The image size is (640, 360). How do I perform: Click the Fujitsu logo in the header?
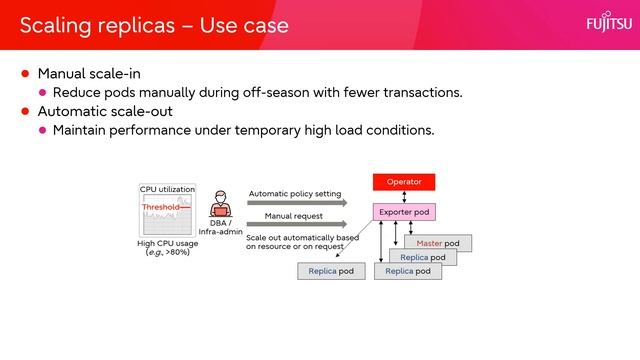coord(605,24)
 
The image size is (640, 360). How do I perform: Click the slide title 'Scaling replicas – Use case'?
coord(154,25)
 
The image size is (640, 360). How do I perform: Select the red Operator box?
coord(404,182)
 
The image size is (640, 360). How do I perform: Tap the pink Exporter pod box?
coord(404,212)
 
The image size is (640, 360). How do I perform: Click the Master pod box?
coord(438,243)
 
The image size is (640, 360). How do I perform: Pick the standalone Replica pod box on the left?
coord(331,271)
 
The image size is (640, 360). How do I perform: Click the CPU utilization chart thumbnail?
coord(167,213)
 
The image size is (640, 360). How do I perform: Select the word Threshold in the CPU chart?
coord(160,207)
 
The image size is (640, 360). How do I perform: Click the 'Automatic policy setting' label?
coord(295,193)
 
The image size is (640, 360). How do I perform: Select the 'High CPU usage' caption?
coord(167,243)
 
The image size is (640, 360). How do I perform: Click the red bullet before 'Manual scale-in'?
coord(26,74)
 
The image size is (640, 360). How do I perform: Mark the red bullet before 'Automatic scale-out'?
coord(26,111)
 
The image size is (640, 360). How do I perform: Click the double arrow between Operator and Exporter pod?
coord(404,197)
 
